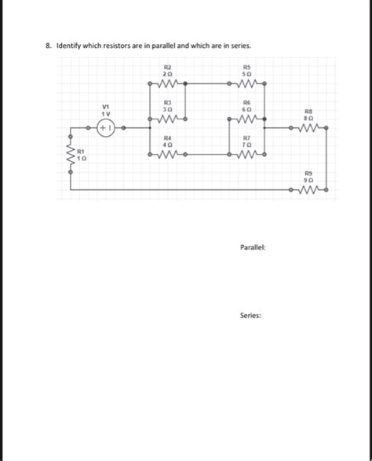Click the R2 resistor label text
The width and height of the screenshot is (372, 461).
[x=167, y=68]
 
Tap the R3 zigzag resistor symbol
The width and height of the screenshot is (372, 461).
[x=167, y=119]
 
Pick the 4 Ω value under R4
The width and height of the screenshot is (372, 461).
[x=167, y=145]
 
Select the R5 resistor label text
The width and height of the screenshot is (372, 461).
[x=247, y=68]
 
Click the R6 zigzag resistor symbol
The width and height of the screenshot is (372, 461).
[x=247, y=119]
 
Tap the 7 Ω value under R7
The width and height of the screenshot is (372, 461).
[x=247, y=145]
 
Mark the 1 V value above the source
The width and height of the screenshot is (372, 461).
[x=106, y=113]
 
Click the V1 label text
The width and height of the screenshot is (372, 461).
[x=106, y=107]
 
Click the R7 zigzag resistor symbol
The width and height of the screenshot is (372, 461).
[x=247, y=154]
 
